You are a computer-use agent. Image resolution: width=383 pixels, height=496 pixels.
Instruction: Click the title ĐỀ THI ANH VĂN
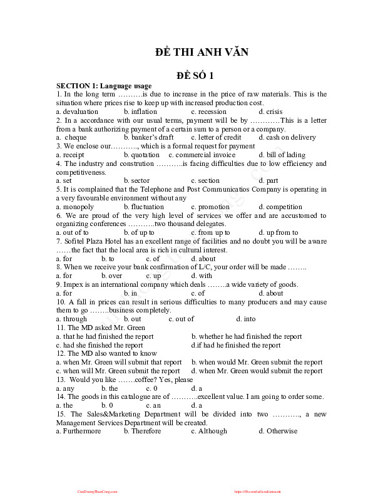pyautogui.click(x=202, y=52)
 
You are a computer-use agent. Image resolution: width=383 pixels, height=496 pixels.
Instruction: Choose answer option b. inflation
pyautogui.click(x=140, y=111)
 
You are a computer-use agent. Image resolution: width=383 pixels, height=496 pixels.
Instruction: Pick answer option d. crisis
pyautogui.click(x=270, y=111)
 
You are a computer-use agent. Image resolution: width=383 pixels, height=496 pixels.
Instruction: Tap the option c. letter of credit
pyautogui.click(x=216, y=137)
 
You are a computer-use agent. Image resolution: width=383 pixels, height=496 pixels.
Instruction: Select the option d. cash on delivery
pyautogui.click(x=287, y=137)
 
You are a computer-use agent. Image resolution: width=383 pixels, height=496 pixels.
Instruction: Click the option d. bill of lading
pyautogui.click(x=282, y=155)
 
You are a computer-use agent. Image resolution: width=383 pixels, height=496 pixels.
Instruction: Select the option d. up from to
pyautogui.click(x=278, y=232)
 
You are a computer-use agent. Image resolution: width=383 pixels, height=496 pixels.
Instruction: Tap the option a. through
pyautogui.click(x=71, y=319)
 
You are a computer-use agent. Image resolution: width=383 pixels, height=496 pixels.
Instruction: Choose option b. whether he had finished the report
pyautogui.click(x=246, y=336)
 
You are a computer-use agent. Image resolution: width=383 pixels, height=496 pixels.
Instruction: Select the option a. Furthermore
pyautogui.click(x=78, y=431)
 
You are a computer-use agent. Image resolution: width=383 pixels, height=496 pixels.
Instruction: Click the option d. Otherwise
pyautogui.click(x=278, y=431)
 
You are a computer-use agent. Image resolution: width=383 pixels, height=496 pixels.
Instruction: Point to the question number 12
pyautogui.click(x=61, y=353)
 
